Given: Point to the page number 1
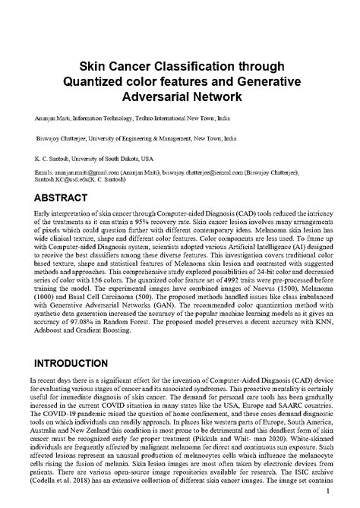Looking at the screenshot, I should pyautogui.click(x=327, y=492).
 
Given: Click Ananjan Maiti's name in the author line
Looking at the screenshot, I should pyautogui.click(x=55, y=120).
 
